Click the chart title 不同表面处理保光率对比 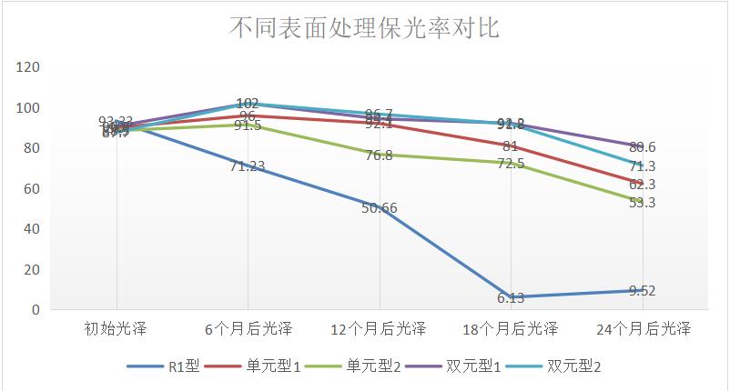(x=364, y=28)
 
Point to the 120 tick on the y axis (x=28, y=67)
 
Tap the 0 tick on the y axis (x=35, y=310)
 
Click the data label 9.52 (x=642, y=291)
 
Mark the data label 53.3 (x=643, y=203)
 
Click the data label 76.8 (x=379, y=155)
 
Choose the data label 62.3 (x=643, y=185)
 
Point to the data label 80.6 (x=643, y=147)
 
